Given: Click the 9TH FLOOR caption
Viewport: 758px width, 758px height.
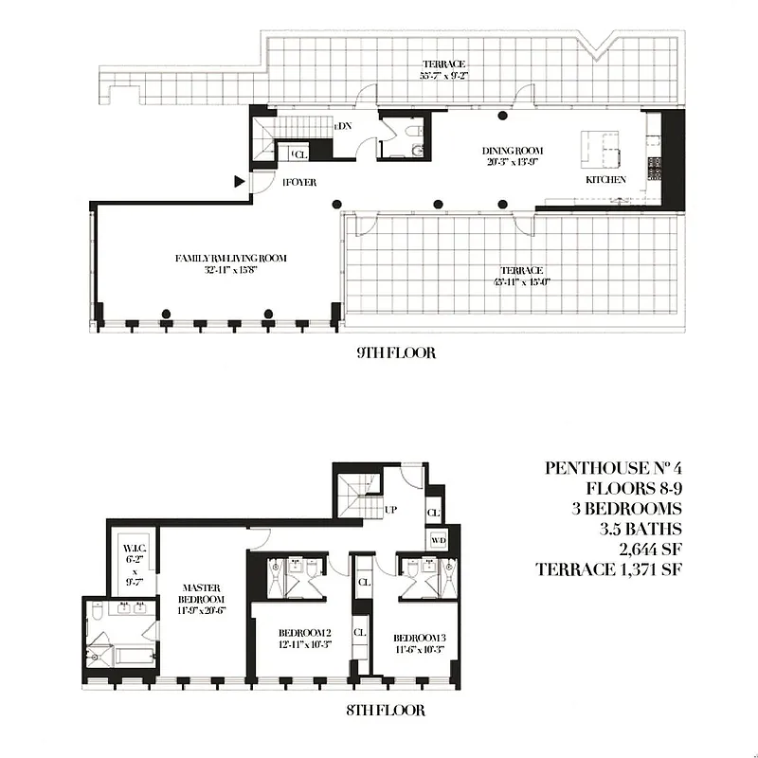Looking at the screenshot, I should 396,353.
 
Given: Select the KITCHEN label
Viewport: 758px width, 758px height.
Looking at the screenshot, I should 605,179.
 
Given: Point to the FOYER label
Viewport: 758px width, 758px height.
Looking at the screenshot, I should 299,182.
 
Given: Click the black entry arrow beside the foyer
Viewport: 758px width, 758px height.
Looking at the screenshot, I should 240,180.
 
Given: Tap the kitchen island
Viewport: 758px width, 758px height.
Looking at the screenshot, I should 600,148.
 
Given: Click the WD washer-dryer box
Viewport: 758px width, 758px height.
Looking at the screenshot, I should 437,540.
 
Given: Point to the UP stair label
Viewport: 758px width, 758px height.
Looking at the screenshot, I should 389,510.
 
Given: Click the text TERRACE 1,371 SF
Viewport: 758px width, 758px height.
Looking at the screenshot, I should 607,570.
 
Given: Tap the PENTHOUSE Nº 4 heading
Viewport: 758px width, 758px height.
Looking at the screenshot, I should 607,468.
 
